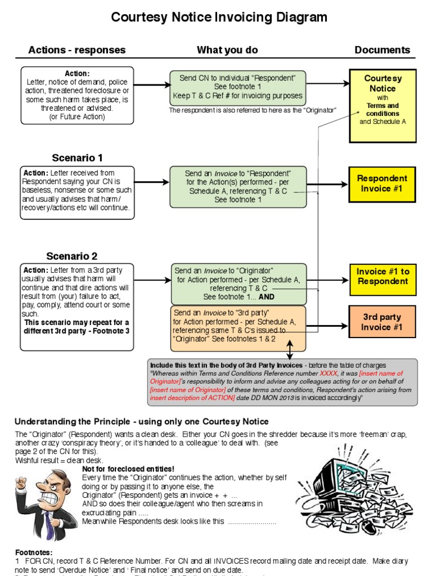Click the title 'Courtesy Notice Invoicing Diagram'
click(219, 17)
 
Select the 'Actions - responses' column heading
click(77, 50)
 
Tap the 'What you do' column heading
click(227, 50)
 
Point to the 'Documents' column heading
click(382, 50)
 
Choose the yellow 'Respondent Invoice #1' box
click(382, 183)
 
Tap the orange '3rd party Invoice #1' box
click(382, 322)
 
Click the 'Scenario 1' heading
click(77, 158)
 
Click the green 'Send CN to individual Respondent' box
click(238, 87)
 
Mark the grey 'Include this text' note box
click(283, 382)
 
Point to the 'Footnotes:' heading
click(33, 553)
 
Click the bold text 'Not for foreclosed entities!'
click(128, 469)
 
